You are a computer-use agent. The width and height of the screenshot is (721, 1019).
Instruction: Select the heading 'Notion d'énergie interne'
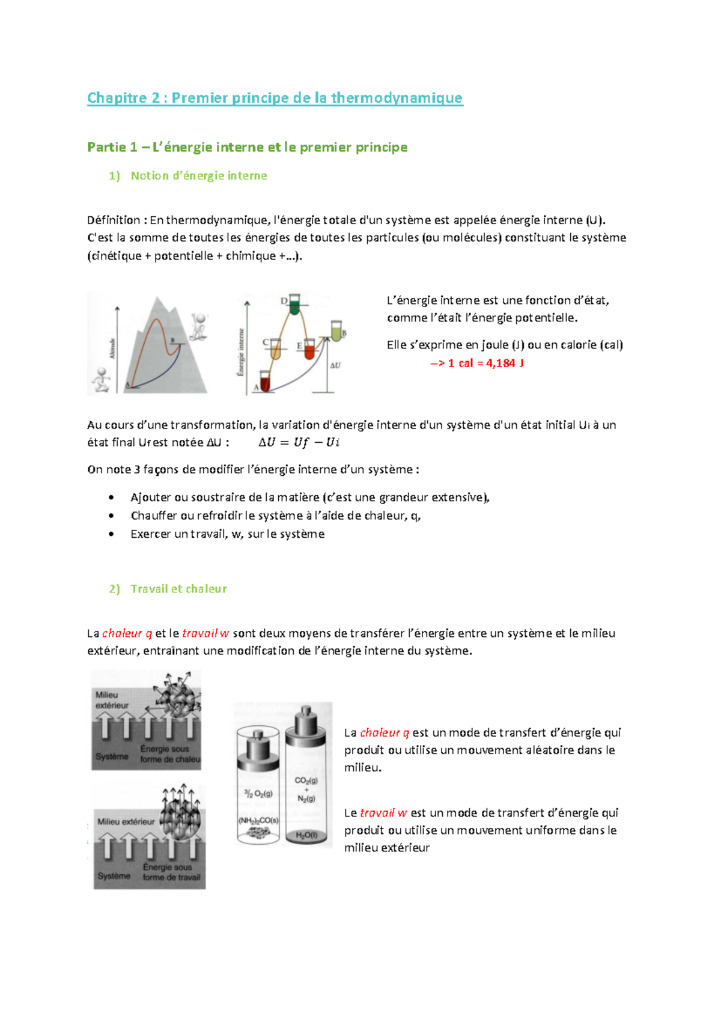pyautogui.click(x=198, y=176)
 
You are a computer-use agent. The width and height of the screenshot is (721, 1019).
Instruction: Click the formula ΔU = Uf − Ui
pyautogui.click(x=299, y=443)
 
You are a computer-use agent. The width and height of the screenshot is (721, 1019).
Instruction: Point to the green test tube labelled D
pyautogui.click(x=294, y=305)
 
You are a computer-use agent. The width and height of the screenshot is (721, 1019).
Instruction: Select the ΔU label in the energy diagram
pyautogui.click(x=335, y=365)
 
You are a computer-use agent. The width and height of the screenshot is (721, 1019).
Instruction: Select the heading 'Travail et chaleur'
pyautogui.click(x=178, y=589)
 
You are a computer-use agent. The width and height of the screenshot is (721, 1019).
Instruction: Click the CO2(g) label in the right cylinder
pyautogui.click(x=306, y=780)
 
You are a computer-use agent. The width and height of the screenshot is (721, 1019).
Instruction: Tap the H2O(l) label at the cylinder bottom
pyautogui.click(x=306, y=835)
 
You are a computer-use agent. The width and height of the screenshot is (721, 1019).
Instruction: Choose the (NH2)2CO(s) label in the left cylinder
pyautogui.click(x=258, y=820)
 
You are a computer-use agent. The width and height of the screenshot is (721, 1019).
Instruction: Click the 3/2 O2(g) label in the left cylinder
pyautogui.click(x=258, y=794)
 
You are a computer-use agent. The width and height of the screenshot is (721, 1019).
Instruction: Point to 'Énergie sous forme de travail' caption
pyautogui.click(x=171, y=872)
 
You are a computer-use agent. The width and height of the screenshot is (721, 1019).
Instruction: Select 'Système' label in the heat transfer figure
pyautogui.click(x=112, y=756)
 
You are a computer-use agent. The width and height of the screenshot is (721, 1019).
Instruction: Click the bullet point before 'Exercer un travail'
pyautogui.click(x=111, y=534)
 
